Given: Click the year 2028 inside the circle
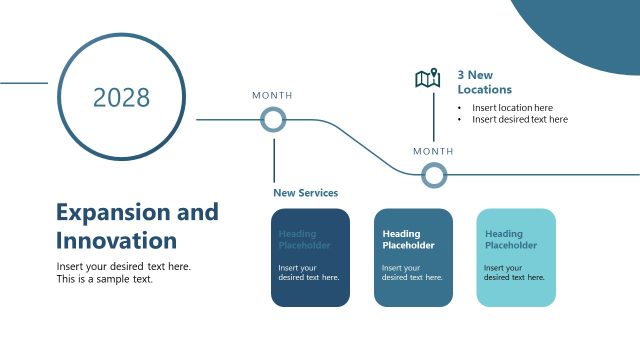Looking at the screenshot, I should [x=121, y=97].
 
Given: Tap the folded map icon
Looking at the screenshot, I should [x=428, y=79].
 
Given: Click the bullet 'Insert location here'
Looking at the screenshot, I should [x=512, y=107].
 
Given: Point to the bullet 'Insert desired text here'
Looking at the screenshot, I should [x=519, y=119].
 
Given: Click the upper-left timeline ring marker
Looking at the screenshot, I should [x=273, y=120].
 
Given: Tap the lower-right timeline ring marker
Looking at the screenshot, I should [x=433, y=175].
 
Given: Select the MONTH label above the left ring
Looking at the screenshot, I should [x=272, y=95].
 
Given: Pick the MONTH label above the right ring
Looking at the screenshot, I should [x=433, y=151].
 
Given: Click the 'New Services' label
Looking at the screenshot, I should [x=305, y=192].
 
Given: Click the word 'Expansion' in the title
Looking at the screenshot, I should [x=106, y=212].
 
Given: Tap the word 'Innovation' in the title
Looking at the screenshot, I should [x=116, y=241].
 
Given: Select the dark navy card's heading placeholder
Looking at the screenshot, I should [x=304, y=239].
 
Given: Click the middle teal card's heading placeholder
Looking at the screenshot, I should [x=408, y=239].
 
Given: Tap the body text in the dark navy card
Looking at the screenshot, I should [x=308, y=272].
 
